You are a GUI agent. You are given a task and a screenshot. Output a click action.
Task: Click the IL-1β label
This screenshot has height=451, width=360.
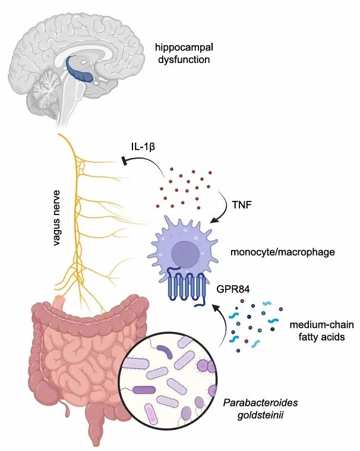[x=143, y=147]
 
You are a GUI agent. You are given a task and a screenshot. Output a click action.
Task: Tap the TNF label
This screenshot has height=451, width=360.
[x=242, y=205]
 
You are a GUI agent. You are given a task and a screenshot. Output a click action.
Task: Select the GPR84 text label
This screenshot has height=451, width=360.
[x=233, y=289]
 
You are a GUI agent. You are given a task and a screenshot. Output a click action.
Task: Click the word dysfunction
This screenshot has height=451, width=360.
[x=184, y=59]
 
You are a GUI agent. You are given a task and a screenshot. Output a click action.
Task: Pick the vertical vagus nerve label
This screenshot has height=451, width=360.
[x=57, y=217]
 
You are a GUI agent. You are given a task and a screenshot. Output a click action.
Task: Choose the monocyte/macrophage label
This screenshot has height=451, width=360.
[x=283, y=253]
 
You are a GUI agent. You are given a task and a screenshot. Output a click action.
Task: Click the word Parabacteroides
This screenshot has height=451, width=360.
[x=261, y=402]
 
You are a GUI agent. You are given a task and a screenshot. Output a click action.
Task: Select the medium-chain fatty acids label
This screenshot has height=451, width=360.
[x=321, y=330]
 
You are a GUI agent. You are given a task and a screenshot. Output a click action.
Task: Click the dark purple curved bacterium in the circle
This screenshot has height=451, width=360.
[x=164, y=351]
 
